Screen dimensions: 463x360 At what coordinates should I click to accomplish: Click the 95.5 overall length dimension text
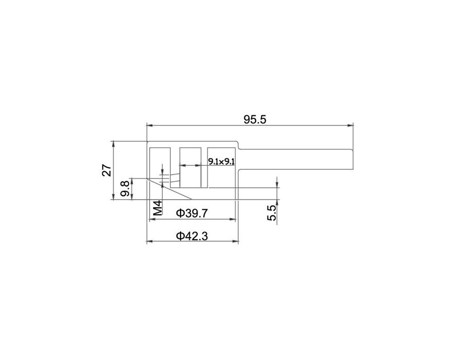click(255, 119)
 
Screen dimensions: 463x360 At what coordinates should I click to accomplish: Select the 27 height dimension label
click(107, 170)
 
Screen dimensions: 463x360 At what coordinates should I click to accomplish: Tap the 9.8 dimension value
click(124, 189)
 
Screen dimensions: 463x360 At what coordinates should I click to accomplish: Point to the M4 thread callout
click(158, 208)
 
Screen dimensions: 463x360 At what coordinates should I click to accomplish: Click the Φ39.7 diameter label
click(192, 213)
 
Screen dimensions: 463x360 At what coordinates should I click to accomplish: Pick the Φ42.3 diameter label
click(192, 236)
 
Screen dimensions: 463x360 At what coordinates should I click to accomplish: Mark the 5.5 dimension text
click(272, 213)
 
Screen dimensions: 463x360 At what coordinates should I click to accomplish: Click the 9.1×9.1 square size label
click(221, 161)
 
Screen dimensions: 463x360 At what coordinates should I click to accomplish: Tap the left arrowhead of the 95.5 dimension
click(150, 125)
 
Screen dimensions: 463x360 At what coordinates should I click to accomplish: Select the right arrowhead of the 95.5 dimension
click(350, 125)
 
